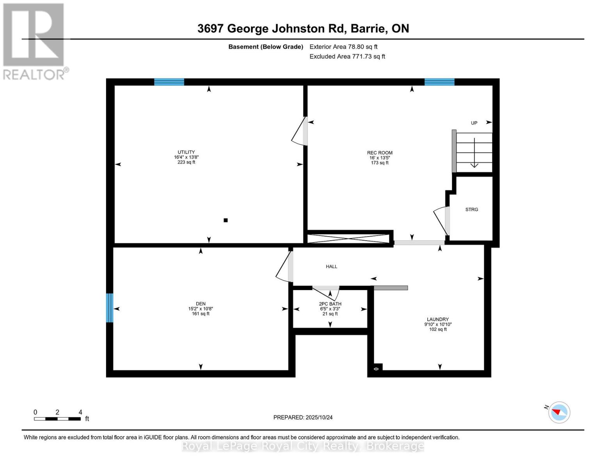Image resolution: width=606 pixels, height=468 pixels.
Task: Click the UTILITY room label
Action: (x=186, y=152)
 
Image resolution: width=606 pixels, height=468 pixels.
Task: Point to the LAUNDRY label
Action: (x=438, y=319)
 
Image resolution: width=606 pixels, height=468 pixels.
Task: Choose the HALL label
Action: (x=332, y=267)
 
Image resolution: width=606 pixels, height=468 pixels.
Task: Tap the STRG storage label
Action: (x=471, y=210)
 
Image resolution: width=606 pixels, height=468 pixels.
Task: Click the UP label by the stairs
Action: (x=474, y=123)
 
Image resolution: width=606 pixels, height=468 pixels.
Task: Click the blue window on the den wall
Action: (x=110, y=308)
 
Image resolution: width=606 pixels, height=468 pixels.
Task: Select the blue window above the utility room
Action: (x=169, y=82)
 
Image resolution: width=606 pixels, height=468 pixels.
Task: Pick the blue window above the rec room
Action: (x=439, y=82)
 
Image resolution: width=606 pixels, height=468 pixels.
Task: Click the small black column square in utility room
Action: (x=226, y=220)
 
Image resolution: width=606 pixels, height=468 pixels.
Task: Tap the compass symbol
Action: (x=559, y=412)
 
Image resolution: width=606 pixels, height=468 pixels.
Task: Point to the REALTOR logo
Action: (x=34, y=41)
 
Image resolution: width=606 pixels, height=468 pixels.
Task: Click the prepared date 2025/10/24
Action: (x=303, y=418)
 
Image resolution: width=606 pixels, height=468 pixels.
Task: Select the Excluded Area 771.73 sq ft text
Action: (x=347, y=57)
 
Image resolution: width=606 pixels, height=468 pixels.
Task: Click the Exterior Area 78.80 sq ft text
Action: (x=343, y=47)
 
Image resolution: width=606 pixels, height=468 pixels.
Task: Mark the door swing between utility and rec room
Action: (x=300, y=132)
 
